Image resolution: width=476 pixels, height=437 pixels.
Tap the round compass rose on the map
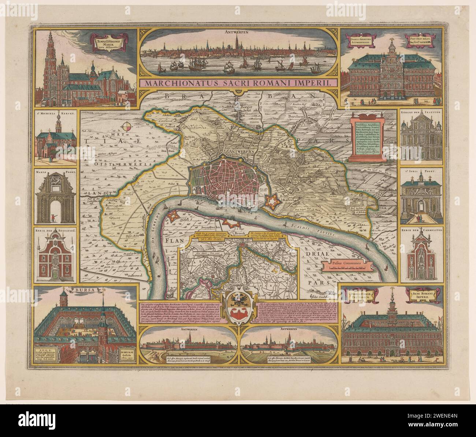pyautogui.click(x=126, y=126)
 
